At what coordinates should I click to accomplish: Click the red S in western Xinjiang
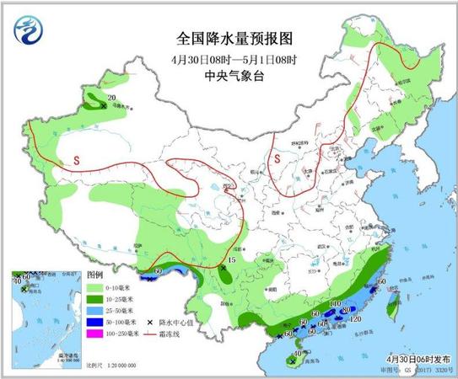coord(75,159)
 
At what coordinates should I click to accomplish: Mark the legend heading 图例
coord(94,276)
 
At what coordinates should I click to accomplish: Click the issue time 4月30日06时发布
coord(413,357)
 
